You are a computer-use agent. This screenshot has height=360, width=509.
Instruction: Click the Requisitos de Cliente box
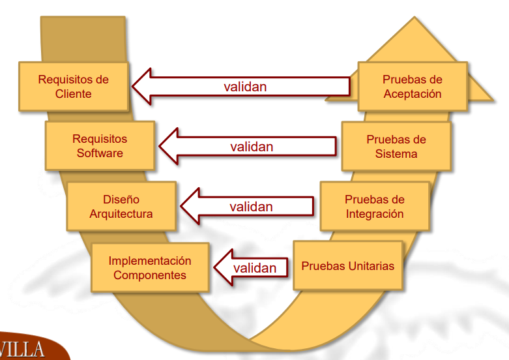(74, 86)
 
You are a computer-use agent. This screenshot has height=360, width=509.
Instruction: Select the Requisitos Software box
(100, 145)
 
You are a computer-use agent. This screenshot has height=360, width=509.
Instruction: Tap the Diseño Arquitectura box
(121, 206)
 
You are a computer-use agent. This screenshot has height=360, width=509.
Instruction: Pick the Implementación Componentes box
(150, 267)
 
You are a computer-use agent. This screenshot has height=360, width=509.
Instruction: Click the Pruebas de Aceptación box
(412, 86)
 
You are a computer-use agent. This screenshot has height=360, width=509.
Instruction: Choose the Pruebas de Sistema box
(396, 147)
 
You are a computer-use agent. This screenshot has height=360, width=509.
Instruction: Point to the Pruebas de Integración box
(375, 206)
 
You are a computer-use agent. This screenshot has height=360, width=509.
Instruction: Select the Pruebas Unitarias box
(347, 266)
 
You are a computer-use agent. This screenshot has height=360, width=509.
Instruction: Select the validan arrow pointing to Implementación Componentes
(251, 267)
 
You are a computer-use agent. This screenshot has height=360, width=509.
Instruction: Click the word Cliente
(74, 93)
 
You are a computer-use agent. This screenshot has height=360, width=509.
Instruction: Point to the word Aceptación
(413, 93)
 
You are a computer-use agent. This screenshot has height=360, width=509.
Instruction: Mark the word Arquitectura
(121, 213)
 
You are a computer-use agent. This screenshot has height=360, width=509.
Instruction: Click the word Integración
(375, 213)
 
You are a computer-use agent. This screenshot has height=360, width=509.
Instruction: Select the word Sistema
(396, 154)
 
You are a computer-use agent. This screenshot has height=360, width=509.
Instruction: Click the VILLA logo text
(23, 349)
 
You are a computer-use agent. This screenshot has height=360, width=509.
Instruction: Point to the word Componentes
(150, 275)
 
